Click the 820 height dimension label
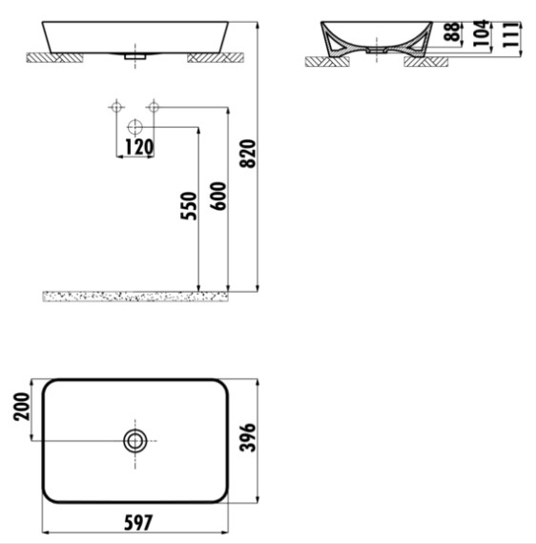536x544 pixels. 248,154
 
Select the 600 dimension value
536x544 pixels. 218,196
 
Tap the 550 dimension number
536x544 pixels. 189,206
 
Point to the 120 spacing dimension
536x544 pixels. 138,147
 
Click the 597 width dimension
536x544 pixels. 138,523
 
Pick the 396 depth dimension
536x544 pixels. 248,437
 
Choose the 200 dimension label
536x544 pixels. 22,407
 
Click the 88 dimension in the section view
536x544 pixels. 453,31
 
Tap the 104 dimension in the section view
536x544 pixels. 482,33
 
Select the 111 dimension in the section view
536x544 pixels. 511,34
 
